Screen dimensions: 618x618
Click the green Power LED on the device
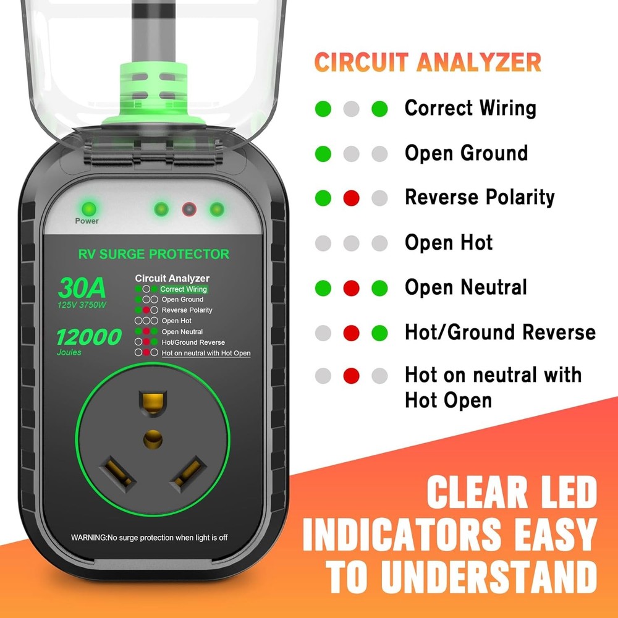click(87, 208)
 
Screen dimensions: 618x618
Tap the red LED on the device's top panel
click(188, 209)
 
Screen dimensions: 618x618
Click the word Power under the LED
click(87, 221)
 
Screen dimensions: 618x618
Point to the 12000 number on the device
click(89, 337)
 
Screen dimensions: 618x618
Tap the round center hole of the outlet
click(153, 439)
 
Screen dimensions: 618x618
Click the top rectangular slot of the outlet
click(153, 402)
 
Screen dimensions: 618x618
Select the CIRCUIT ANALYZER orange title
click(428, 62)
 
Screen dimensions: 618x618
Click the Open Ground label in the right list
click(466, 153)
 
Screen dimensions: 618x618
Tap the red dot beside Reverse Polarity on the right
click(351, 198)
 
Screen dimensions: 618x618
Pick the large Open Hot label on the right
click(449, 243)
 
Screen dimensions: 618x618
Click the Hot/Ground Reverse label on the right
click(499, 332)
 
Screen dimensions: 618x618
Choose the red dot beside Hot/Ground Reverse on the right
click(351, 333)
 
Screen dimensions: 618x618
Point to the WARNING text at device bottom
click(149, 538)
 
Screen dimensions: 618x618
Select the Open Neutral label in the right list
click(465, 287)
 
